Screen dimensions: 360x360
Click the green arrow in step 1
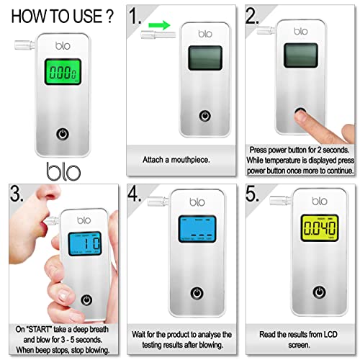(159, 24)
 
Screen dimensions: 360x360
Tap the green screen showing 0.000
(63, 72)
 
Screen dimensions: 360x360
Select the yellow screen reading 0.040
(320, 228)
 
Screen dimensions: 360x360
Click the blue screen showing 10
(85, 244)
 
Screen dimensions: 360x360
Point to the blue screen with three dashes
(197, 229)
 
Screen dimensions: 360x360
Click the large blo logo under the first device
(63, 171)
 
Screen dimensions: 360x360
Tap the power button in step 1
(205, 116)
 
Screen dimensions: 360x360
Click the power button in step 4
(197, 293)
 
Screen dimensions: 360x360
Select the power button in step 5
(320, 292)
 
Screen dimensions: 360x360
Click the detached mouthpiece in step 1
(158, 35)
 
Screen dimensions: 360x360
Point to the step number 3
(17, 194)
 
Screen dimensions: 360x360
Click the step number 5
(252, 194)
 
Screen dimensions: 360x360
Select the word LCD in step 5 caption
(330, 334)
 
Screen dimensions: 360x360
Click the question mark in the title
(109, 17)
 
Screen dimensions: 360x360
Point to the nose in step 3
(48, 192)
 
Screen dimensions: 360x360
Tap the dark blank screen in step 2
(301, 55)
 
